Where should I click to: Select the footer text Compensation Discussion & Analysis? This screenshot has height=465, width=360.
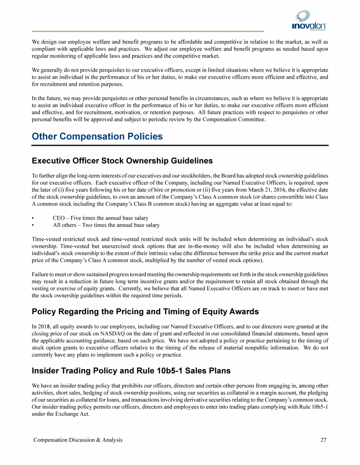coord(77,440)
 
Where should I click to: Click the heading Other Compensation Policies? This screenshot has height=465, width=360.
coord(97,137)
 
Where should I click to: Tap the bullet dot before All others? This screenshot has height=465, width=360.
coord(33,225)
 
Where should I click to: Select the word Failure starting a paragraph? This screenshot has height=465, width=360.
coord(41,274)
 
